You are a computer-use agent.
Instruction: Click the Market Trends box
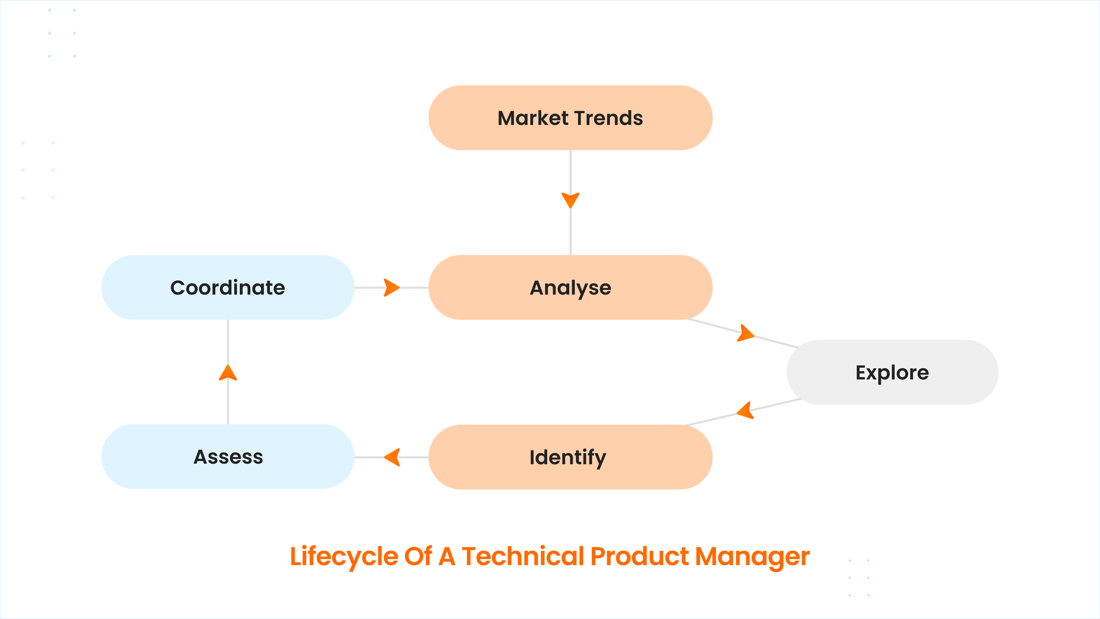click(x=570, y=118)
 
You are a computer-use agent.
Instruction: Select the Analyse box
click(x=570, y=287)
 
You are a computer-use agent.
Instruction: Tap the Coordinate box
click(x=228, y=287)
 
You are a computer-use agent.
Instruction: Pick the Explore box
click(x=892, y=372)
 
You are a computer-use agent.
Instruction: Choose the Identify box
click(x=570, y=457)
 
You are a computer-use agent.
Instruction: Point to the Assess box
click(x=228, y=456)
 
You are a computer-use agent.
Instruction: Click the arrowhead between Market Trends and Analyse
click(x=570, y=200)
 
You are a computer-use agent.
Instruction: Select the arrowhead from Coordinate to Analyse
click(x=392, y=287)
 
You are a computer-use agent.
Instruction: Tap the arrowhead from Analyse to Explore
click(x=746, y=333)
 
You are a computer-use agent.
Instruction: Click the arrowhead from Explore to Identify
click(x=745, y=410)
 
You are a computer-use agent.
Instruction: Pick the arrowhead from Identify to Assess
click(x=392, y=457)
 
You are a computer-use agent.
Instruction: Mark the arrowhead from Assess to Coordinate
click(x=228, y=373)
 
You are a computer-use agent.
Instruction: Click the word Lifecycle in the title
click(x=344, y=557)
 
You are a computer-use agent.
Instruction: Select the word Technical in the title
click(x=522, y=556)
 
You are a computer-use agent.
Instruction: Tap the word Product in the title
click(x=640, y=556)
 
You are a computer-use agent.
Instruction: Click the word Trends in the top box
click(x=608, y=118)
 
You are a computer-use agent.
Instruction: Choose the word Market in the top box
click(x=533, y=118)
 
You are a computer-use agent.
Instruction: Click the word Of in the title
click(x=418, y=556)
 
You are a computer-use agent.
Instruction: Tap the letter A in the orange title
click(x=447, y=556)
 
